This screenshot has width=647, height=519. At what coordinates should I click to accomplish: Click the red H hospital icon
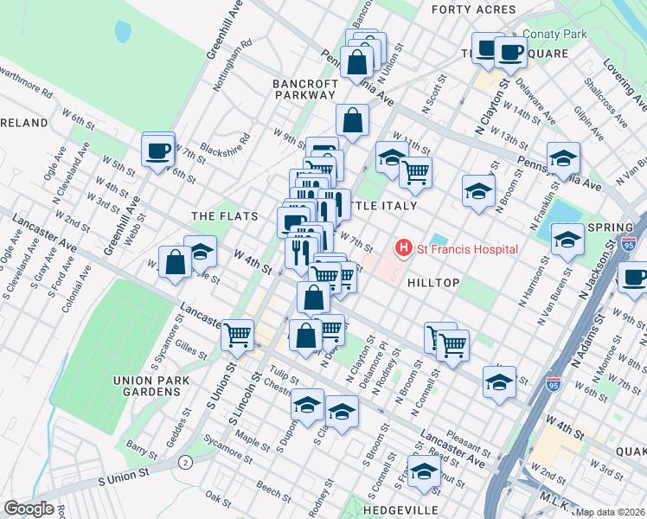pyautogui.click(x=403, y=249)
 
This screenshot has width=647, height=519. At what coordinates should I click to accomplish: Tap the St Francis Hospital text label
pyautogui.click(x=467, y=249)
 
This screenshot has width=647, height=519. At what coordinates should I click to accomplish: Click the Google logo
pyautogui.click(x=29, y=509)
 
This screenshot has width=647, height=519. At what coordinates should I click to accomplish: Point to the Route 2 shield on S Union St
pyautogui.click(x=185, y=463)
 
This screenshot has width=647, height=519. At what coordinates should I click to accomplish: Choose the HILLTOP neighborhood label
pyautogui.click(x=430, y=283)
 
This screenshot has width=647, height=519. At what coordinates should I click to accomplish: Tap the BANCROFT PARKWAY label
pyautogui.click(x=304, y=89)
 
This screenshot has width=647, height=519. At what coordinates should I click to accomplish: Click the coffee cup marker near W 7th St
pyautogui.click(x=158, y=151)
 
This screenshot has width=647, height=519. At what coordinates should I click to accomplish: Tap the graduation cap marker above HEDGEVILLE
pyautogui.click(x=424, y=471)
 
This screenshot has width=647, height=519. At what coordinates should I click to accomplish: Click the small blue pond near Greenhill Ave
pyautogui.click(x=122, y=32)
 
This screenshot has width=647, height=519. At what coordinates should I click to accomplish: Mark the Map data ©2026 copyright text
pyautogui.click(x=611, y=512)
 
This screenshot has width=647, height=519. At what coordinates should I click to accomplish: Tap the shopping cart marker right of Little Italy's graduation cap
pyautogui.click(x=416, y=172)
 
